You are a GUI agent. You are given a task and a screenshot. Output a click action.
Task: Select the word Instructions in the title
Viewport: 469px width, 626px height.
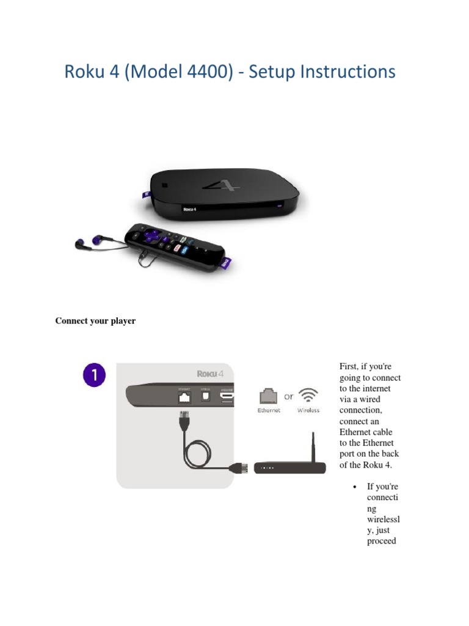tap(347, 72)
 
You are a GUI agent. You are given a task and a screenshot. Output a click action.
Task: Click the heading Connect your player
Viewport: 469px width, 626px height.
tap(95, 321)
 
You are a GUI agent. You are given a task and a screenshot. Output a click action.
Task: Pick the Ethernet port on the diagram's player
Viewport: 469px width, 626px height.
tap(184, 398)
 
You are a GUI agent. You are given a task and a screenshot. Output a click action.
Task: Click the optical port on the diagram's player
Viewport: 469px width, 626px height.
tap(205, 397)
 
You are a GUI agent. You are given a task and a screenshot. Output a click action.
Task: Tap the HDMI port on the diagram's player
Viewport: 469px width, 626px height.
tap(227, 398)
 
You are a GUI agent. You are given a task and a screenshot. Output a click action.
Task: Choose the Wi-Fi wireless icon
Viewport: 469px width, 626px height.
tap(308, 395)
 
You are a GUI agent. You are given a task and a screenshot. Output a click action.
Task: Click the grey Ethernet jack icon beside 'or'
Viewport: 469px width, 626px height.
tap(269, 395)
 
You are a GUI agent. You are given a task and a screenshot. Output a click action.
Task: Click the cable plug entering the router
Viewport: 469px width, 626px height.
tap(238, 469)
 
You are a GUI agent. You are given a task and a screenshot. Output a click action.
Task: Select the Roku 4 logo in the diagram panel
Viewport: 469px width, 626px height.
tap(214, 374)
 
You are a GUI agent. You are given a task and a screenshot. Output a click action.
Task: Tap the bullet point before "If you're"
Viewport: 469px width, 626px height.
tap(354, 487)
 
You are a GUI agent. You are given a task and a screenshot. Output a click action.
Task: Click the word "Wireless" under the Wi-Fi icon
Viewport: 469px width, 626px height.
tap(308, 410)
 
